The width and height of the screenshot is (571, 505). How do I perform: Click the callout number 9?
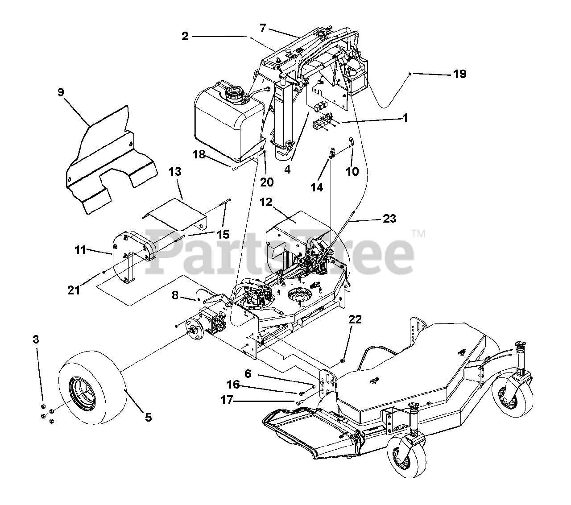tap(61, 92)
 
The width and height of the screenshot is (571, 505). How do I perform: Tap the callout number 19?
tap(459, 74)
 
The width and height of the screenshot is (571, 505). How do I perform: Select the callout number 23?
tap(389, 219)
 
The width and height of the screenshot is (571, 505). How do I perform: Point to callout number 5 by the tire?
tap(148, 418)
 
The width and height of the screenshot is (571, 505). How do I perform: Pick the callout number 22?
tap(355, 319)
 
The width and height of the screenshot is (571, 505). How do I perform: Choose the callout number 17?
tap(227, 400)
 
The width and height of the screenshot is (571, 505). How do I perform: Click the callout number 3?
tap(36, 339)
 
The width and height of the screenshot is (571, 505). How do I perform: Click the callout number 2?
tap(185, 37)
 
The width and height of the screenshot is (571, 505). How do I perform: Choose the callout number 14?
tap(317, 188)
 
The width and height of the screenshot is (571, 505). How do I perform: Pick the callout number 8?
tap(175, 295)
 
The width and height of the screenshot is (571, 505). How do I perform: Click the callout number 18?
tap(199, 154)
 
